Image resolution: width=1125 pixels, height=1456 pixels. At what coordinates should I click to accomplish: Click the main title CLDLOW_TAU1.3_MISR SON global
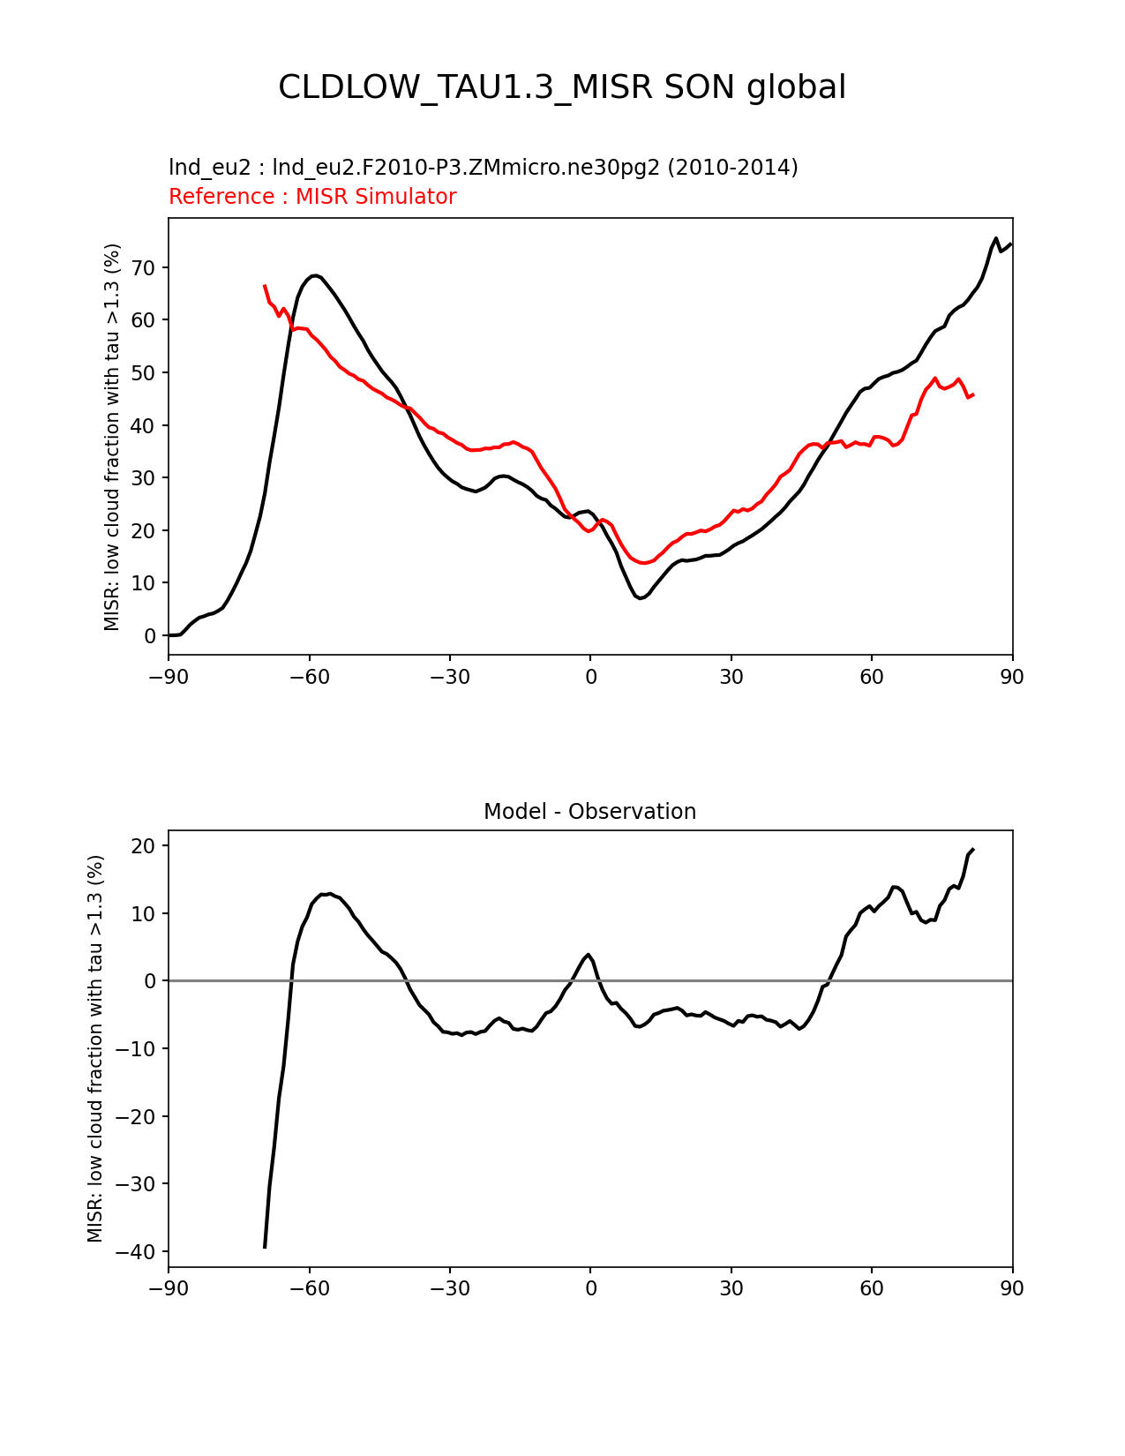562,87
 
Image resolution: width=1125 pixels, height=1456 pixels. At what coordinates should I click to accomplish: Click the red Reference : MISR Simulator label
312,197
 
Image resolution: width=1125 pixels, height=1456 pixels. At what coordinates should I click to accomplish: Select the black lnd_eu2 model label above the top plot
483,167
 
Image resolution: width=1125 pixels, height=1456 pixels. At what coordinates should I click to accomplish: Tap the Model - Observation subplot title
589,812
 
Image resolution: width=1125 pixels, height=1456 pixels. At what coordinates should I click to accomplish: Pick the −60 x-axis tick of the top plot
309,677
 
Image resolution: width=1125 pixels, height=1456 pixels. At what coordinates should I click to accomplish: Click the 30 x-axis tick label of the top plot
731,677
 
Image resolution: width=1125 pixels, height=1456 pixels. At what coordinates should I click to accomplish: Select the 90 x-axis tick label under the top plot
1012,677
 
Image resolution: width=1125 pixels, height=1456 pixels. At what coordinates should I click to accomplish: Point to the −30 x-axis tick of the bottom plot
449,1288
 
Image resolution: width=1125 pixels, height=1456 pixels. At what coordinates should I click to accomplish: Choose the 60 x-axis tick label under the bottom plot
871,1288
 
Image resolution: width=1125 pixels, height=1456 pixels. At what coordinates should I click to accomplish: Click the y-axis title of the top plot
112,437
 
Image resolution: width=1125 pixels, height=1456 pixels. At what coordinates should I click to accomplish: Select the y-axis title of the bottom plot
95,1048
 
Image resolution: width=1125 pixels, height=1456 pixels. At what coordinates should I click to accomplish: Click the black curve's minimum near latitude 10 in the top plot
641,598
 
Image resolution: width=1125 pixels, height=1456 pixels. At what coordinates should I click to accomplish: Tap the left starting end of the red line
265,286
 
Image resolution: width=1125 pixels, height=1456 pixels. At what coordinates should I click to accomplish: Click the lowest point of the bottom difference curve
265,1247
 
